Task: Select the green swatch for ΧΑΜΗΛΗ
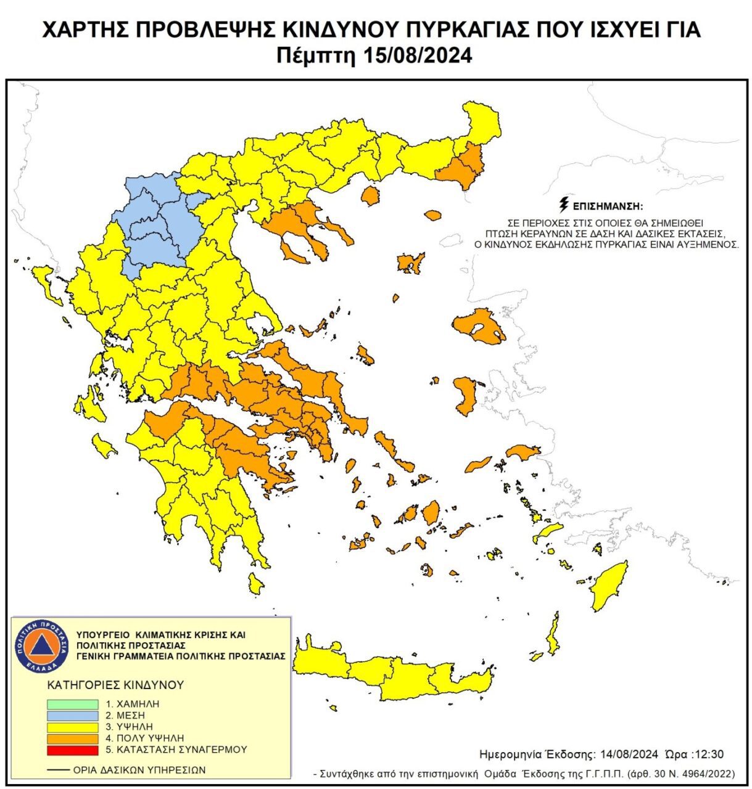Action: coord(72,704)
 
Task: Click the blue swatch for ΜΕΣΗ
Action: coord(72,716)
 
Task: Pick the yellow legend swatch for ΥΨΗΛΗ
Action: coord(72,727)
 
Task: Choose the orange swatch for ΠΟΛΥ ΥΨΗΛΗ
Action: coord(72,738)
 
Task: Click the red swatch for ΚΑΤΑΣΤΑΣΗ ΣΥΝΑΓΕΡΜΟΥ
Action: coord(72,750)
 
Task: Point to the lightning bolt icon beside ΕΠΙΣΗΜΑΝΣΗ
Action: coord(563,205)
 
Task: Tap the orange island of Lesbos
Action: coord(479,327)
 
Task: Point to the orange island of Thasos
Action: coord(370,197)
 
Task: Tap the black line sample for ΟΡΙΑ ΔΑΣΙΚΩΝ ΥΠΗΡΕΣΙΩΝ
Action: coord(58,770)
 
